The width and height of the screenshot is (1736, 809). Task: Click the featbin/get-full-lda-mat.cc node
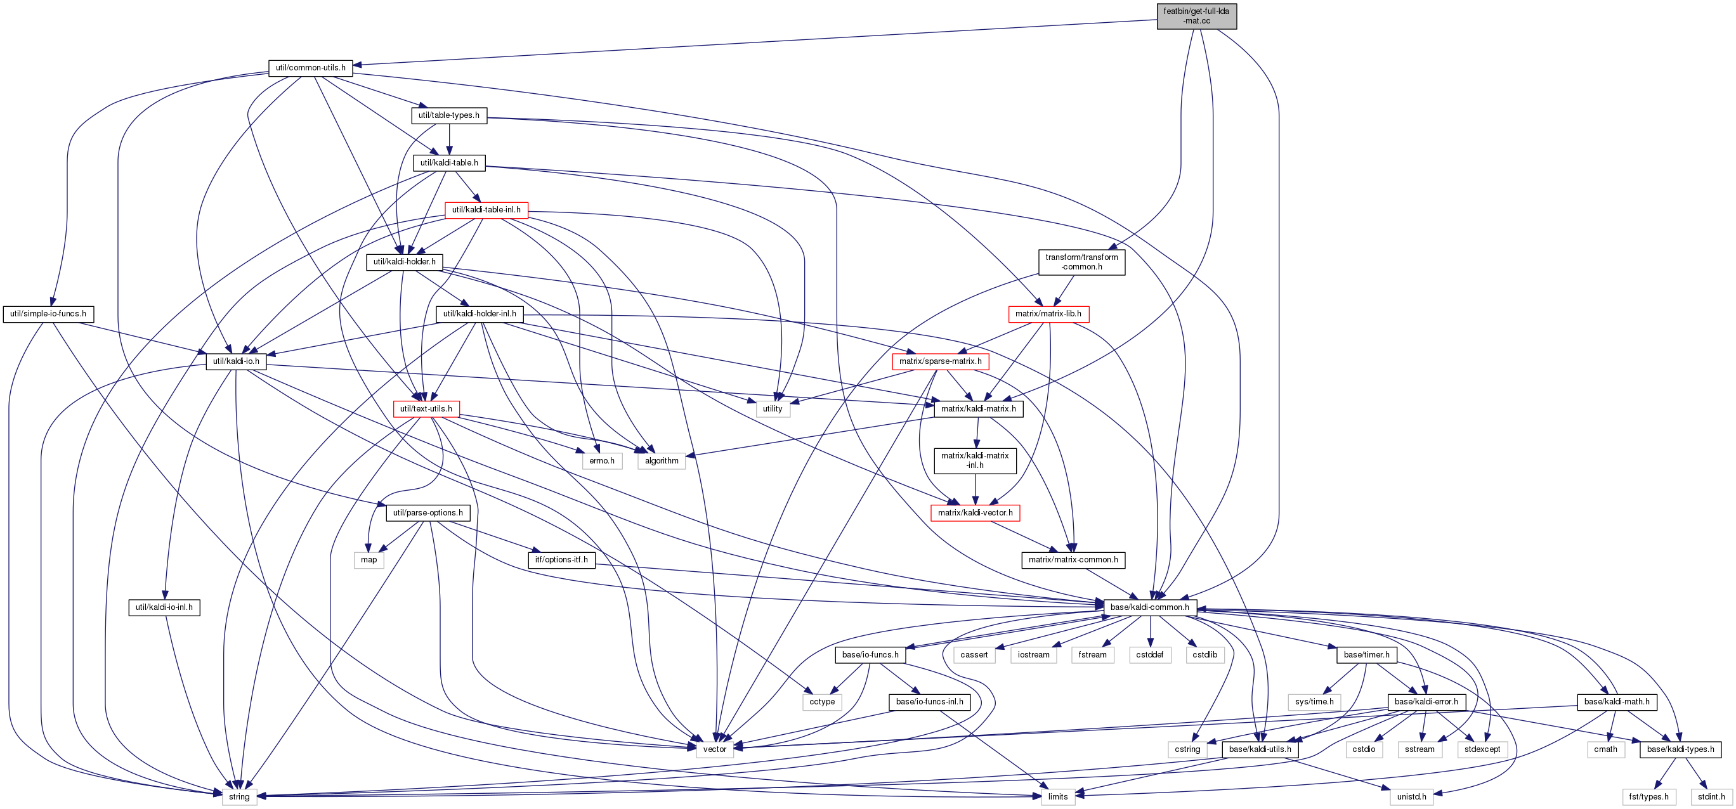[x=1196, y=16]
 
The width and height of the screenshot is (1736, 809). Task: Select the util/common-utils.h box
[x=311, y=68]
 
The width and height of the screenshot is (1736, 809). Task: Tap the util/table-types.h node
[x=449, y=115]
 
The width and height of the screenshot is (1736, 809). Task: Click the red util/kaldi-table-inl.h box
[x=486, y=210]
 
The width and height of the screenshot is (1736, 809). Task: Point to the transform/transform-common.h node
[x=1081, y=262]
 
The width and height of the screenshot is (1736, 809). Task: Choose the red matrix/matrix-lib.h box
[x=1048, y=314]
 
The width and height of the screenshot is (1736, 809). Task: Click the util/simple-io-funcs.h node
[x=48, y=314]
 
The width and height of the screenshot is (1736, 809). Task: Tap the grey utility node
[x=773, y=409]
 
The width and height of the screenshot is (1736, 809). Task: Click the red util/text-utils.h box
[x=426, y=409]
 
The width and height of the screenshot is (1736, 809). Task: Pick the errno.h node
[x=601, y=461]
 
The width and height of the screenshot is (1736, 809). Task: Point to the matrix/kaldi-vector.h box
[x=975, y=514]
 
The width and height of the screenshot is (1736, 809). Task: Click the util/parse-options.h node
[x=428, y=514]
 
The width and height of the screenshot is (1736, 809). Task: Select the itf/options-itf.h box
[x=561, y=560]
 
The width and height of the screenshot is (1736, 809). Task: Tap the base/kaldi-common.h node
[x=1150, y=607]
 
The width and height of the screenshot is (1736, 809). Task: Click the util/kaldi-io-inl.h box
[x=164, y=607]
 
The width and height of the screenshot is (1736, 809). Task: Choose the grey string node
[x=239, y=797]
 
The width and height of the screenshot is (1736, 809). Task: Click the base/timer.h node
[x=1366, y=655]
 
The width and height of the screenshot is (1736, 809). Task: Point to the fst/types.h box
[x=1648, y=797]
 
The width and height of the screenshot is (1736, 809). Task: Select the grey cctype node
[x=822, y=702]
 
